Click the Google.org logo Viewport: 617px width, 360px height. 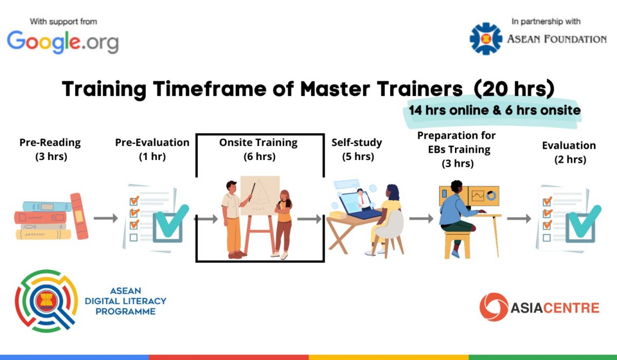[63, 42]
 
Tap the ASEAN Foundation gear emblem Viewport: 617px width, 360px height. [486, 39]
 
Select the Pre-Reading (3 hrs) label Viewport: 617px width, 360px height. [50, 150]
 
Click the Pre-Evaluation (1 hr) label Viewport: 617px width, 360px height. [152, 150]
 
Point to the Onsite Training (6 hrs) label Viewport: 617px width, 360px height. [259, 150]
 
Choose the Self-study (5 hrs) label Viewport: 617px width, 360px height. [357, 150]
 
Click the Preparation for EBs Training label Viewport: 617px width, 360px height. [457, 150]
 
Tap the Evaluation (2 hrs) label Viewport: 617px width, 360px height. [569, 152]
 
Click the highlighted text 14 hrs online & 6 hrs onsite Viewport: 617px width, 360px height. [495, 110]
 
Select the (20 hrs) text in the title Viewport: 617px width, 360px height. [514, 88]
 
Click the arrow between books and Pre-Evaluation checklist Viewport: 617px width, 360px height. [106, 218]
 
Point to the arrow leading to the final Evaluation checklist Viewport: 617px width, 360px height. [519, 219]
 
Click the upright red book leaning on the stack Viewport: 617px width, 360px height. [79, 216]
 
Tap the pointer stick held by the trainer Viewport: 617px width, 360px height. [252, 192]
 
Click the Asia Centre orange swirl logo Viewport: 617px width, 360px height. [494, 307]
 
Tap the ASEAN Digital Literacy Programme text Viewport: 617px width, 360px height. [125, 301]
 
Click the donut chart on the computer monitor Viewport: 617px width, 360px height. [491, 196]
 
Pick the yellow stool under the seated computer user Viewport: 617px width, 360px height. [457, 245]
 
